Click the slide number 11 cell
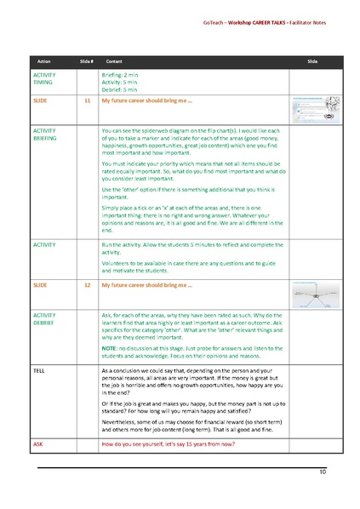pos(86,101)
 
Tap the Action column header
pos(43,63)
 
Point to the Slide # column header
pos(86,63)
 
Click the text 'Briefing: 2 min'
pos(119,76)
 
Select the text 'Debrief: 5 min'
pos(118,89)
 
